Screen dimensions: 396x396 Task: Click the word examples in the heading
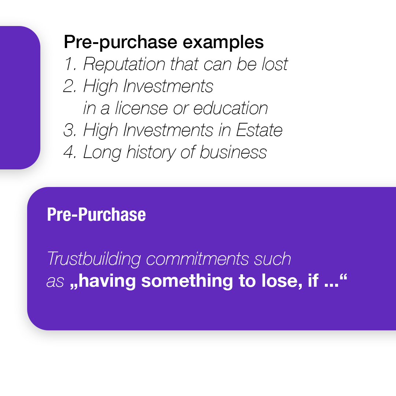pos(223,43)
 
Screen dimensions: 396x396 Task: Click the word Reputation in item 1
pos(124,65)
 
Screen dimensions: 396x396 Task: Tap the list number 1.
pos(70,64)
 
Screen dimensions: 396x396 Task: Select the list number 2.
pos(70,86)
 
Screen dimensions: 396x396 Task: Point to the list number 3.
pos(70,130)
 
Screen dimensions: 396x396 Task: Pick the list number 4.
pos(70,152)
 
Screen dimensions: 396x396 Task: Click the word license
pos(142,108)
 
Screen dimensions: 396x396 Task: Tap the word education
pos(231,108)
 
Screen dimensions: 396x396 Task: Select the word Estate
pos(259,130)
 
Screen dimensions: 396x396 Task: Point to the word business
pos(233,152)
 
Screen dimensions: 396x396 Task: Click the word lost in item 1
pos(275,64)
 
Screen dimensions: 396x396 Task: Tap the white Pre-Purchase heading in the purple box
pos(96,214)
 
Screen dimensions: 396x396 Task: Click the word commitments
pos(198,258)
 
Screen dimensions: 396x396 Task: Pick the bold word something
pos(187,281)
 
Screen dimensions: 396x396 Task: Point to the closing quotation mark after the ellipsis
pos(344,277)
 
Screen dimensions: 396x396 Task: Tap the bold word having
pos(107,281)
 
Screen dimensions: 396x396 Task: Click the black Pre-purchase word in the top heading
pos(121,43)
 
